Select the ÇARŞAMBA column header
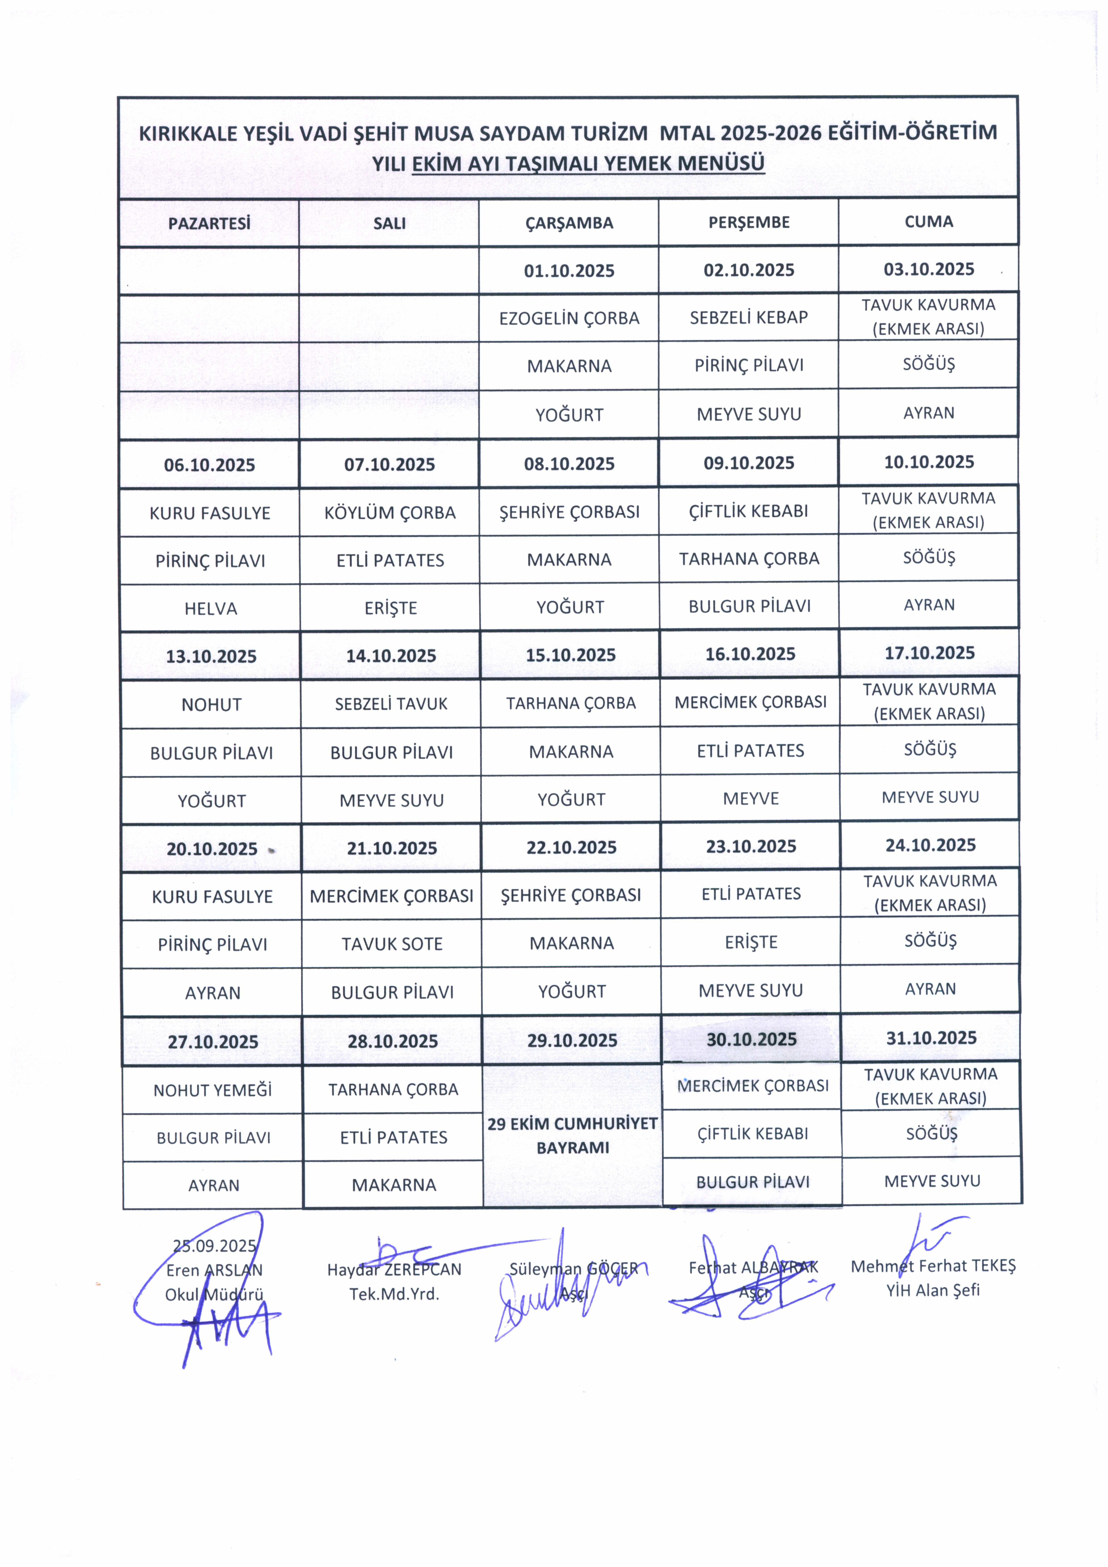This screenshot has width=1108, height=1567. click(x=569, y=223)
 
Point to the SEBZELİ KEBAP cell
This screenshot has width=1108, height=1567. click(x=748, y=317)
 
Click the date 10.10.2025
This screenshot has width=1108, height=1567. click(x=929, y=462)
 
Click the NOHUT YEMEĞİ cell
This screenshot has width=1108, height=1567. click(x=213, y=1091)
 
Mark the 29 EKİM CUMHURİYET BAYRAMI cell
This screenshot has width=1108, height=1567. click(x=572, y=1136)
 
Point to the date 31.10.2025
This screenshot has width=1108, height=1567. click(x=931, y=1038)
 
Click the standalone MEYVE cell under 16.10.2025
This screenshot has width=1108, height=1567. click(x=751, y=798)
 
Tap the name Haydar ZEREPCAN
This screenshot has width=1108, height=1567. click(x=394, y=1269)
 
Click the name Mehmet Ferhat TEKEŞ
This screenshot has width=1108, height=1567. click(x=933, y=1266)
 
